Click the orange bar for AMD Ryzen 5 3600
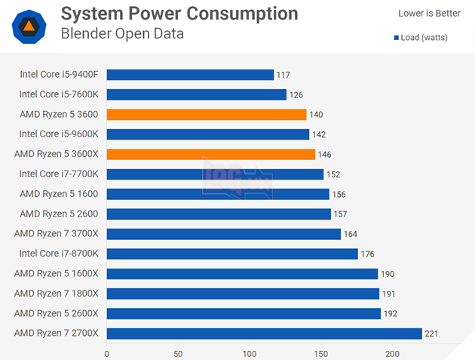click(207, 115)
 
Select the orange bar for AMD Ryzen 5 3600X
click(211, 154)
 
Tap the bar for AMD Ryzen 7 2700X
click(265, 333)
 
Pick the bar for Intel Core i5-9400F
click(190, 75)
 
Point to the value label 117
click(283, 75)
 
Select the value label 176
click(367, 254)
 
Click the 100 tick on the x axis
click(250, 353)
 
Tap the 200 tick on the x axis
click(392, 353)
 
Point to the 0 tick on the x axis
click(107, 353)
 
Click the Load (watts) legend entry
click(421, 38)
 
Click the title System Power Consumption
click(179, 14)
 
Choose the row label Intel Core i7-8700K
click(60, 254)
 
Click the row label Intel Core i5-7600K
click(60, 94)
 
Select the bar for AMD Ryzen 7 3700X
click(224, 234)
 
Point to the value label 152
click(334, 174)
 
